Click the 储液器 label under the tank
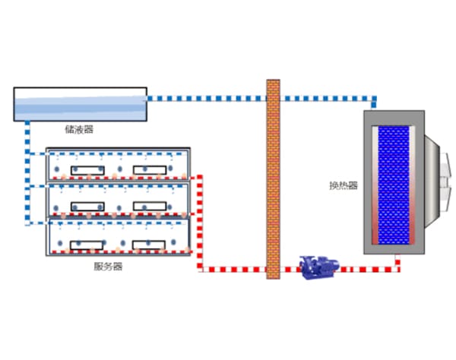(x=79, y=130)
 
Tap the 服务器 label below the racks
(x=108, y=267)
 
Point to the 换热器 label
(x=343, y=185)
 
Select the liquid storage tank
(x=80, y=104)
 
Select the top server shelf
(x=117, y=163)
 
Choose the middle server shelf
(x=117, y=200)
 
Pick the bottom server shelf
(x=117, y=237)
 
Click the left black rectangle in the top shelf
(x=87, y=169)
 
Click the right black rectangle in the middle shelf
(x=149, y=206)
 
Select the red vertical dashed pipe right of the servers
(x=200, y=220)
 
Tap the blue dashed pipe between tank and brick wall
(x=205, y=97)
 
